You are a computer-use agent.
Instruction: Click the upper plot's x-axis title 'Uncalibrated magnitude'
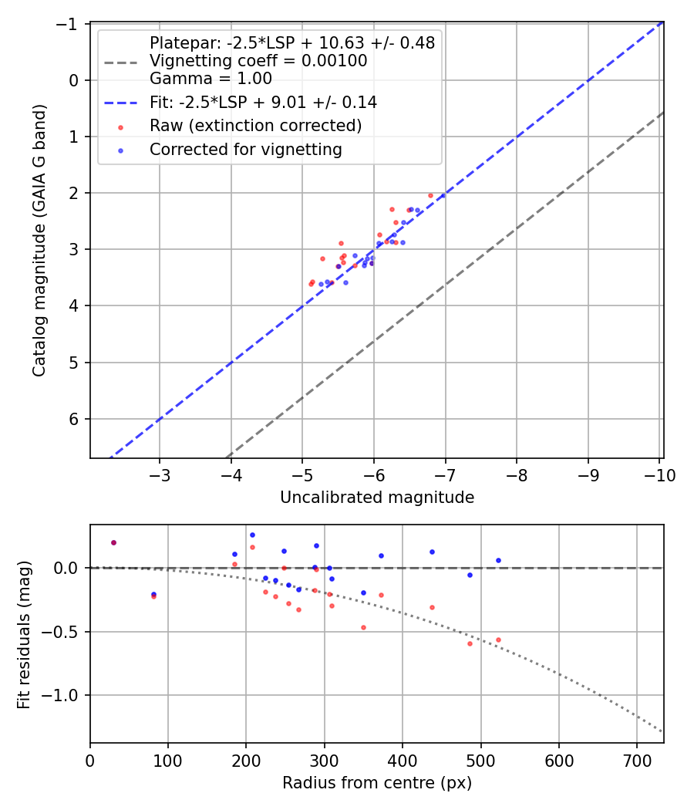(376, 498)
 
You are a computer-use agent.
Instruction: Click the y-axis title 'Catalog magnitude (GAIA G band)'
(39, 240)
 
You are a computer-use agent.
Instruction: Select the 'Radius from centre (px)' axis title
(376, 783)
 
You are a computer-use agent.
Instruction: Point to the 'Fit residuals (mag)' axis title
(24, 634)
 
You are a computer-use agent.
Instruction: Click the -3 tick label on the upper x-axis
(160, 475)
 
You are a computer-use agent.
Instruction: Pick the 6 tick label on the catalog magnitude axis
(76, 419)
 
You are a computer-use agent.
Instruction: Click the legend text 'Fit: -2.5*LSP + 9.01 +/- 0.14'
(263, 102)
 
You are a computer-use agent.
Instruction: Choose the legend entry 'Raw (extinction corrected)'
(255, 126)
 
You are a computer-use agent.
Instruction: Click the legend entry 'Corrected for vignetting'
(245, 150)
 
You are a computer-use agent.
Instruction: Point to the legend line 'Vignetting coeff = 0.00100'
(258, 61)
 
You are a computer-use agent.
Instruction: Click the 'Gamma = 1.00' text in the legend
(211, 78)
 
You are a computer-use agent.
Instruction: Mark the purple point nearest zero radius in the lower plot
(113, 542)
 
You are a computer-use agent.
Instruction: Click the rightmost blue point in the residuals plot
(498, 560)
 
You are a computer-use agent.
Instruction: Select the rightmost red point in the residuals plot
(498, 640)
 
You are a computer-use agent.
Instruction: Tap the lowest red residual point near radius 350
(363, 627)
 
